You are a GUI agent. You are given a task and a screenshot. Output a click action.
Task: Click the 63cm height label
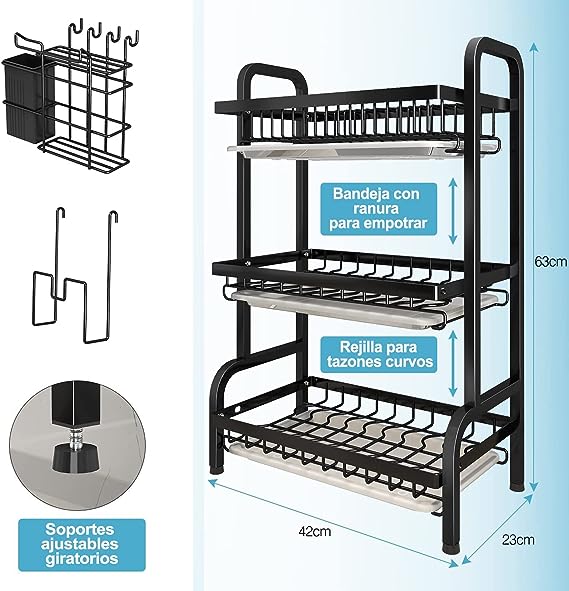point(550,262)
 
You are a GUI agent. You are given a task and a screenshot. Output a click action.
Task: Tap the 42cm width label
point(315,531)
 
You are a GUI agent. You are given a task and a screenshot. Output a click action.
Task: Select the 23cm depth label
point(518,540)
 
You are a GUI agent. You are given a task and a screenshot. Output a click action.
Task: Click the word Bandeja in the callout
point(361,194)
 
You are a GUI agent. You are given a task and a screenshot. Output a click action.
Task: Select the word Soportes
point(80,530)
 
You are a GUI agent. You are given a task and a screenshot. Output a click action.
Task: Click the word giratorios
point(82,558)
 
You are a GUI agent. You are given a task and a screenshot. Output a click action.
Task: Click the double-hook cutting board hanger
point(75,276)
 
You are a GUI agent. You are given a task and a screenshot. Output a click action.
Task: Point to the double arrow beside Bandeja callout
point(453,211)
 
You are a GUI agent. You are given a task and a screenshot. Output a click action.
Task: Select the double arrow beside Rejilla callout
point(453,364)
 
